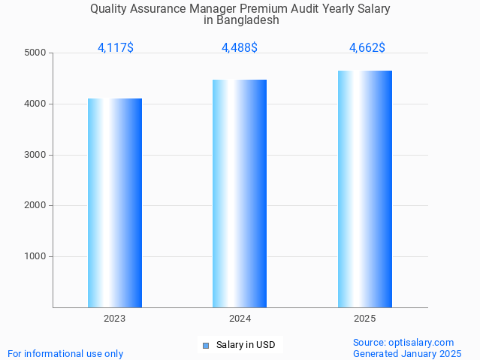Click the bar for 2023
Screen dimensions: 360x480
coord(115,203)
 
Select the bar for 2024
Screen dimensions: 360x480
coord(240,193)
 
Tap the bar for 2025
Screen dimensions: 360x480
coord(365,189)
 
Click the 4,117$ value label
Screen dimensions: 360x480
coord(116,47)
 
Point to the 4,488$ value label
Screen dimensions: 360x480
coord(240,47)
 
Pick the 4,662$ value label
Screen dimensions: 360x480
coord(367,47)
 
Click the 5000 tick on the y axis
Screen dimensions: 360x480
coord(35,53)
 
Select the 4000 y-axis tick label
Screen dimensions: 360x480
coord(35,104)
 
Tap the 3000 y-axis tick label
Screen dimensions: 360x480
coord(35,155)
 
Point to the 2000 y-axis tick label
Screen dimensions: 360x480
coord(35,205)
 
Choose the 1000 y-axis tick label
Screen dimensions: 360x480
coord(35,256)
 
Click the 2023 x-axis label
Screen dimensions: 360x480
coord(115,319)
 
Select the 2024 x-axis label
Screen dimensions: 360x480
coord(240,319)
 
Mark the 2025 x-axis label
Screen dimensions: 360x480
coord(365,319)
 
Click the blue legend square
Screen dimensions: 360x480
coord(205,346)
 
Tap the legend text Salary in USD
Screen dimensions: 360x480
coord(246,345)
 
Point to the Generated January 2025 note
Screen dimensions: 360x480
coord(407,353)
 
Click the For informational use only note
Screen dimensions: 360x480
coord(65,353)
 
